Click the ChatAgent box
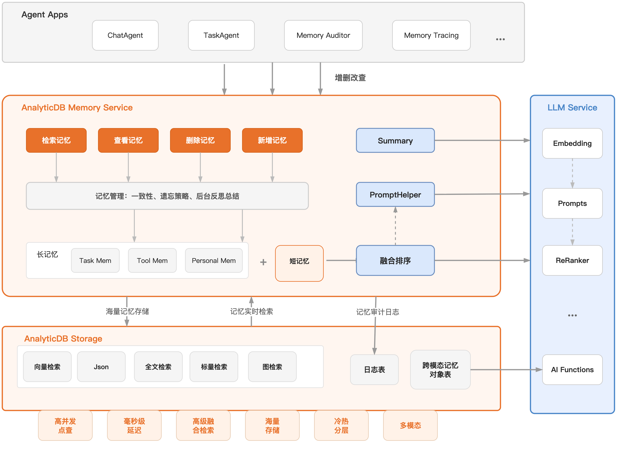click(125, 35)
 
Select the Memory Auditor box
click(323, 35)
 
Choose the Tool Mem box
click(152, 261)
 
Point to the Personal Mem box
click(213, 261)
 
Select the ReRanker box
click(572, 260)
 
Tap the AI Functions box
click(572, 369)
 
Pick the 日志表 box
click(374, 369)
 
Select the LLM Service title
click(572, 107)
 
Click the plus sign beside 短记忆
click(263, 262)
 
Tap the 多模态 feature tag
click(410, 425)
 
